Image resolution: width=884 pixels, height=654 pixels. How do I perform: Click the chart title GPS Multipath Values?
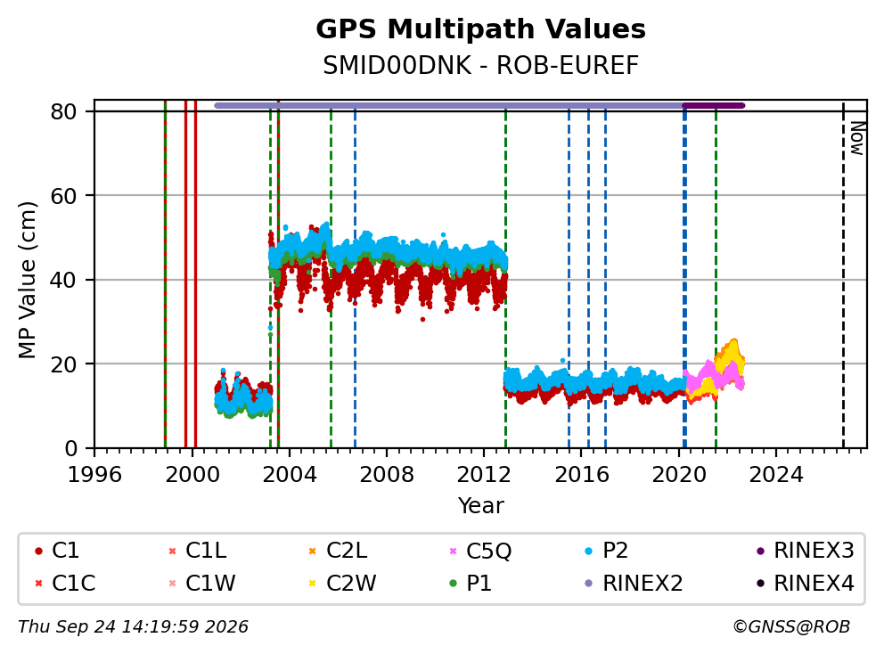480,29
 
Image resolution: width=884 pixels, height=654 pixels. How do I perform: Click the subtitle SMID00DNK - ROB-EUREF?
480,65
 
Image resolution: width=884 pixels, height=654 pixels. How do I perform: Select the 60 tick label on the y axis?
63,196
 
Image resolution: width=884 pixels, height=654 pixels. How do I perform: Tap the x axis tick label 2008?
387,475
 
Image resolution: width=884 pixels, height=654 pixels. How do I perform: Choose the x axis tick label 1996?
94,475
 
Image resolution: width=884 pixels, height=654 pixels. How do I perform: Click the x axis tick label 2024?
776,475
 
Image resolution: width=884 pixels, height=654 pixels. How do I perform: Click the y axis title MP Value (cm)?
27,280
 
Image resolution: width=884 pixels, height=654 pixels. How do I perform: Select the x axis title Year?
480,506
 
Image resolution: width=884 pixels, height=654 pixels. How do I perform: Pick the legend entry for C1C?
65,583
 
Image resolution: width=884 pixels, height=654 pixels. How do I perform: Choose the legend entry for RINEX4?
806,583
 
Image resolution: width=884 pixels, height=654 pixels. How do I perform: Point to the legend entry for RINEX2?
634,583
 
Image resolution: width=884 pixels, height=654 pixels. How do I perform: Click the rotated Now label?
857,139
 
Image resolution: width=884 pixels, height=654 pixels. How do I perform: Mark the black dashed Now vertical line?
843,275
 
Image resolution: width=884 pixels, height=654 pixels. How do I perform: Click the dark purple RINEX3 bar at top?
714,105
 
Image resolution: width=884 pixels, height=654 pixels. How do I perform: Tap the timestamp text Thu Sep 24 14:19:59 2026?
133,627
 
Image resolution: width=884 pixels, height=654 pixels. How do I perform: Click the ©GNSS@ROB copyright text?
791,627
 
